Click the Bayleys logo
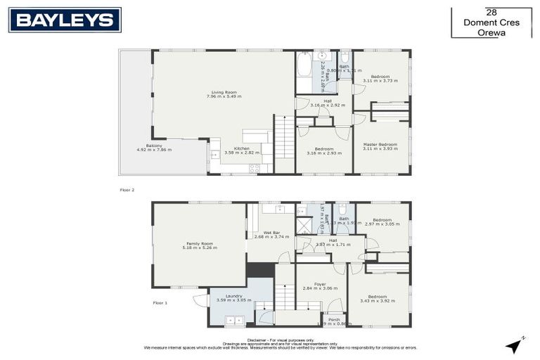(x=65, y=20)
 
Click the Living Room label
(x=224, y=92)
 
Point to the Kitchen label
(x=242, y=148)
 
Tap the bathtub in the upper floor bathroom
(x=303, y=72)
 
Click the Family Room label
(x=198, y=244)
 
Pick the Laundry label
(x=234, y=296)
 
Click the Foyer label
(x=321, y=284)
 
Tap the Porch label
(x=333, y=319)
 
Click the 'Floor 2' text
(x=127, y=190)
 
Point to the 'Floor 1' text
(x=160, y=303)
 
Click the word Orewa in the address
(x=491, y=32)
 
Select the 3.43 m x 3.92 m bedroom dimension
(x=378, y=301)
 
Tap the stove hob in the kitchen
(x=255, y=168)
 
